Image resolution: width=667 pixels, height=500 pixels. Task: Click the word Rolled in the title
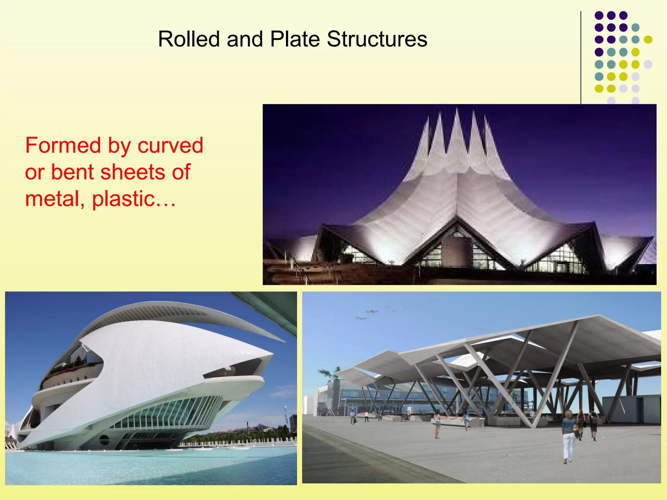(x=189, y=39)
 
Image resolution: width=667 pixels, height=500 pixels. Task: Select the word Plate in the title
(x=295, y=39)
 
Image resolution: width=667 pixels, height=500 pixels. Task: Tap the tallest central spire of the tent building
(x=457, y=130)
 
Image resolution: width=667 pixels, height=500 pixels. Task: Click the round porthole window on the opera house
(x=104, y=440)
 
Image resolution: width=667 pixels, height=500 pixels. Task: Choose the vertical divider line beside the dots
(x=581, y=59)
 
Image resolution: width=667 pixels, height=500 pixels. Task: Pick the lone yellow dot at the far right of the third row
(x=648, y=39)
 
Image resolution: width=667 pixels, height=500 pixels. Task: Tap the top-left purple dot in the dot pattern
(x=599, y=15)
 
